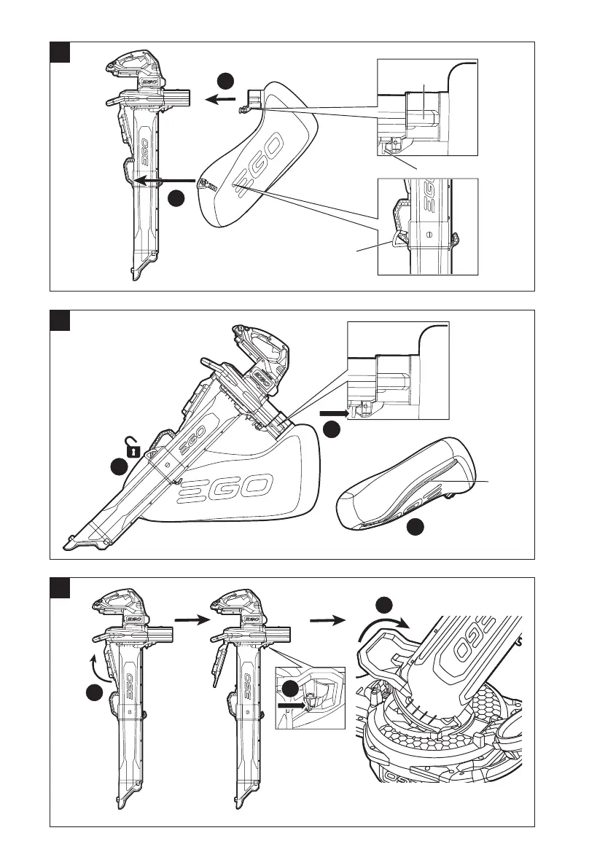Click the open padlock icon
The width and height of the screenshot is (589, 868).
tap(132, 446)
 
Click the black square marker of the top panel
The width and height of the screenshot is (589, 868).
tap(59, 52)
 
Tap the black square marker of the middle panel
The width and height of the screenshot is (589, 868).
tap(59, 321)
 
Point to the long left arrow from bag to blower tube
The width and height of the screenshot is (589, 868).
tap(167, 179)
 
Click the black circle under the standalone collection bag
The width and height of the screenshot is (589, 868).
tap(415, 528)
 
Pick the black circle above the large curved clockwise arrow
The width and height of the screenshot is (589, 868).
tap(384, 604)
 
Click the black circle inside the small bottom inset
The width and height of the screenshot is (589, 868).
tap(290, 688)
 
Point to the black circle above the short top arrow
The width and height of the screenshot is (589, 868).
tap(226, 80)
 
